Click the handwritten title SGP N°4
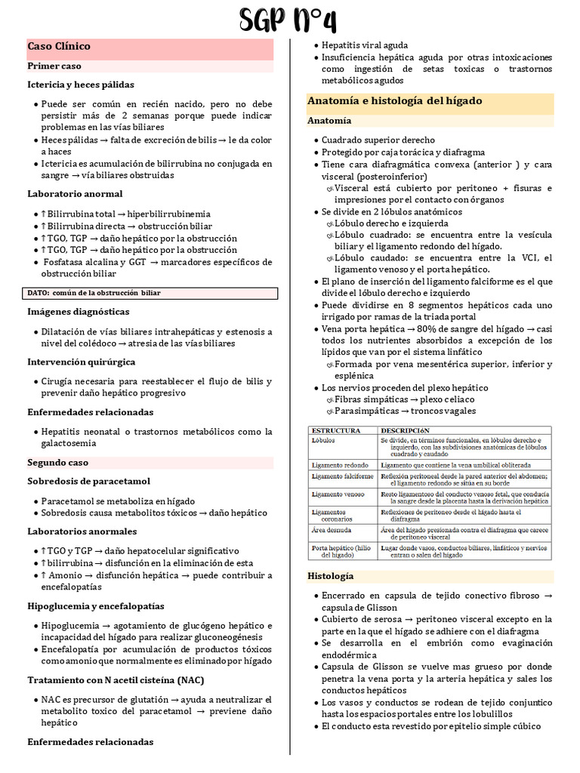288,20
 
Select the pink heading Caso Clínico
59,47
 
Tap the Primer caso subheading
54,66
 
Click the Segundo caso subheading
58,463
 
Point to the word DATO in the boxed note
38,293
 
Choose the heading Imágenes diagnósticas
79,312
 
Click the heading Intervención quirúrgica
82,362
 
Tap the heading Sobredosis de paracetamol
89,482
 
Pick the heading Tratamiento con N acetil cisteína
116,680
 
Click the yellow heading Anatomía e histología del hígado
394,101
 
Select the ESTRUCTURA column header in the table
336,431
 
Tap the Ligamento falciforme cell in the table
342,477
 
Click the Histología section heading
330,576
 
